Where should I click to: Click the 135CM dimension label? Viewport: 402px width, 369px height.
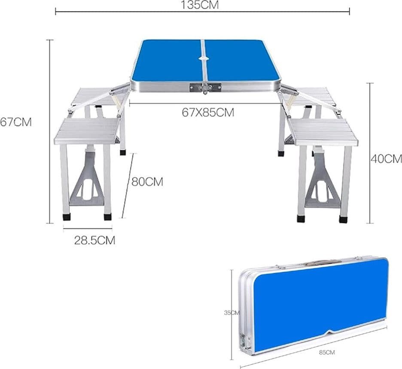tap(200, 5)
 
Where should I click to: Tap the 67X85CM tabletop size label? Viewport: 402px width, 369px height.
tap(208, 112)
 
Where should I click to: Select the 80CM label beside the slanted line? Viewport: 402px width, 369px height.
tap(147, 182)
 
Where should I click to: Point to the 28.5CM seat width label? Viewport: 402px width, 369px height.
tap(94, 240)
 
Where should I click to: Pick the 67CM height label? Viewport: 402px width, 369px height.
tap(16, 122)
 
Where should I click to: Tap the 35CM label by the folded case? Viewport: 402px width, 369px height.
tap(232, 313)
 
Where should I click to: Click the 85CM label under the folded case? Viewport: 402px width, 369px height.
tap(327, 352)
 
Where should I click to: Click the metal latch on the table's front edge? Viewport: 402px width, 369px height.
tap(205, 88)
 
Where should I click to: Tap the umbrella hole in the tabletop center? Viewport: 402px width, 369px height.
tap(204, 58)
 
